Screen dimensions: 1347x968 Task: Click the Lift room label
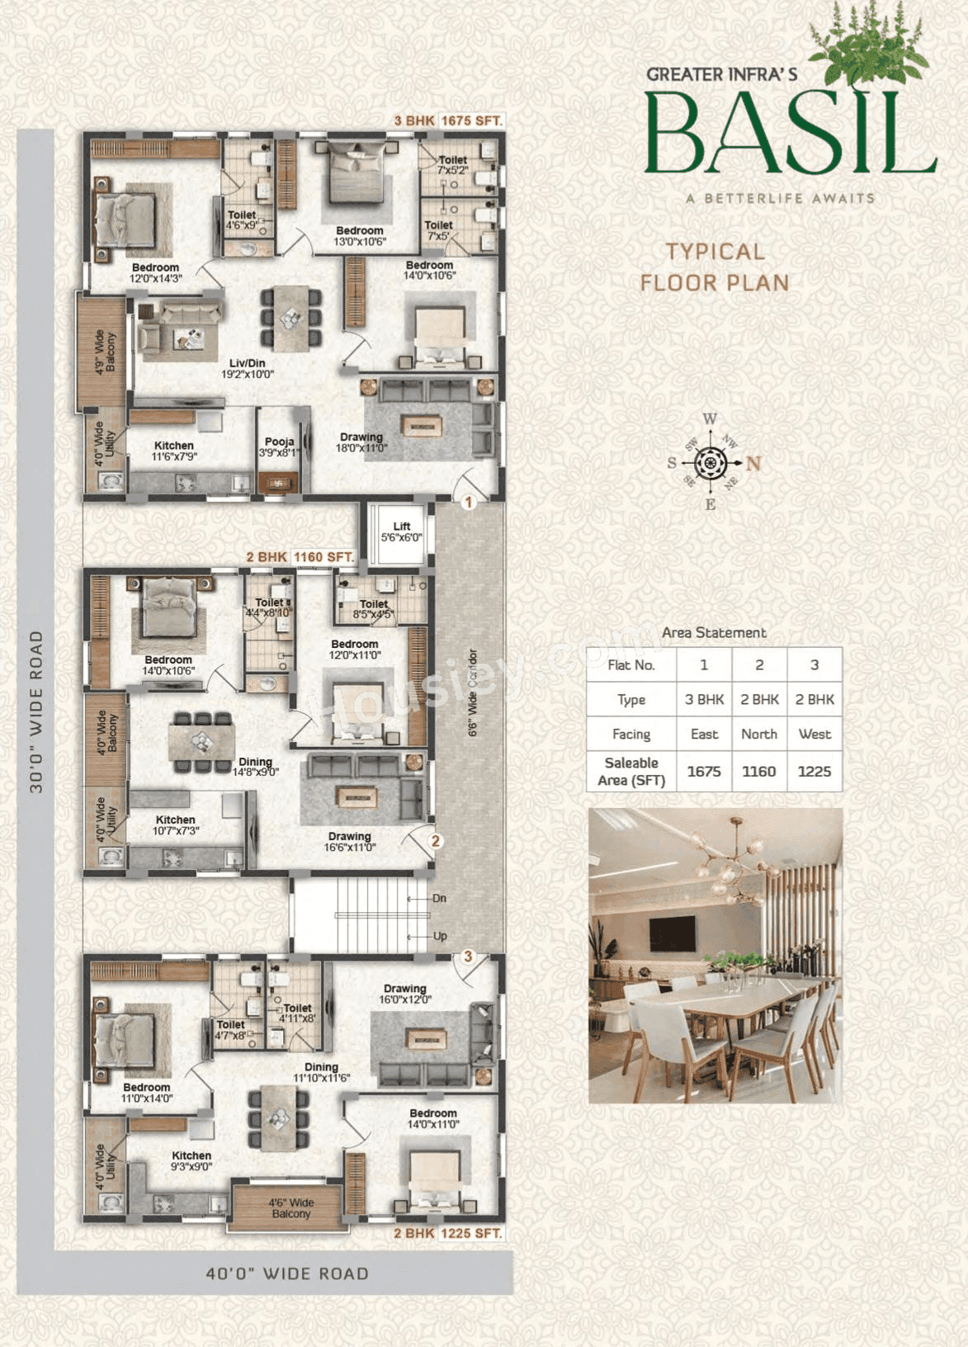click(x=401, y=532)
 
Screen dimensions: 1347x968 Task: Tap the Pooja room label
click(x=280, y=447)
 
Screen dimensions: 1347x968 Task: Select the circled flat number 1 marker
click(x=468, y=502)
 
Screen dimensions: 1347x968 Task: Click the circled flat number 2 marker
click(x=435, y=841)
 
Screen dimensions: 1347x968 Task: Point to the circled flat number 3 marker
click(x=468, y=956)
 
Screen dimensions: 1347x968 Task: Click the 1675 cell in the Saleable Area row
click(x=704, y=771)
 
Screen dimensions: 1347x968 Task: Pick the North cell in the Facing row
click(x=759, y=734)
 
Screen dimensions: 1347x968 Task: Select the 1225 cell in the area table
click(x=814, y=771)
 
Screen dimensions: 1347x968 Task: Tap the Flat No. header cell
click(x=631, y=664)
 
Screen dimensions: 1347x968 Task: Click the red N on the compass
click(x=753, y=463)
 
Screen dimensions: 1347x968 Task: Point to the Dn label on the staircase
click(x=439, y=898)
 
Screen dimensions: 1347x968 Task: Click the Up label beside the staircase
click(x=440, y=936)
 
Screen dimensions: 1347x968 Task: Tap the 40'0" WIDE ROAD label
click(x=286, y=1274)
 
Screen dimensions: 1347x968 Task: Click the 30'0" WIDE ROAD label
click(x=36, y=711)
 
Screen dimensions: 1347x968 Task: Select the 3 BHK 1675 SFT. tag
click(x=448, y=121)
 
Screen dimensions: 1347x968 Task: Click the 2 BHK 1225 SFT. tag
click(x=447, y=1233)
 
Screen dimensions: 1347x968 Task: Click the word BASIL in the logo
click(x=790, y=135)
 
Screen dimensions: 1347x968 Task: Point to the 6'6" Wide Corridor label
click(x=473, y=692)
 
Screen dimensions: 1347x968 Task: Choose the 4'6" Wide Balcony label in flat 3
click(x=290, y=1208)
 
